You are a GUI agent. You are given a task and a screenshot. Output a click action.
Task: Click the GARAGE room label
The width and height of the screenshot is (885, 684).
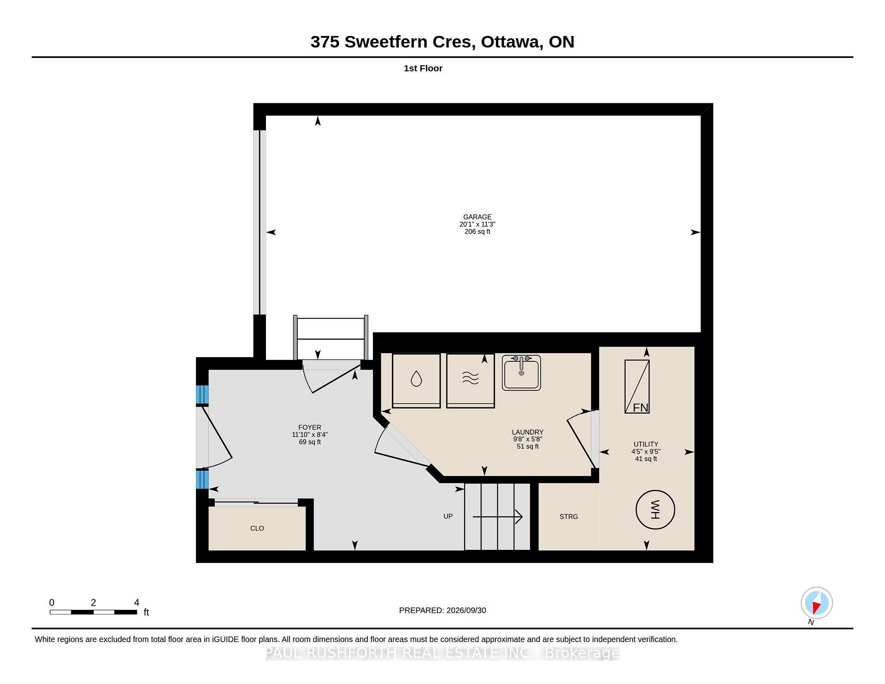[477, 217]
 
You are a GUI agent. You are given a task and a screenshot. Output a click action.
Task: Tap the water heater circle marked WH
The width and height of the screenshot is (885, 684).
[655, 510]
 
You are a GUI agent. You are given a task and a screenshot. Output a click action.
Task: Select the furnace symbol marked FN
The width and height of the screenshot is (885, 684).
[637, 386]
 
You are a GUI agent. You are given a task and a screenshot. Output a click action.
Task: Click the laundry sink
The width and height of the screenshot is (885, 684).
[521, 372]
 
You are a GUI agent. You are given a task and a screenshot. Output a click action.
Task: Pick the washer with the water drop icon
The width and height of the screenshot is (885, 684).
[416, 380]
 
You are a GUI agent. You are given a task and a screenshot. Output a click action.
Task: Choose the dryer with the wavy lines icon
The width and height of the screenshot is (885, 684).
[471, 380]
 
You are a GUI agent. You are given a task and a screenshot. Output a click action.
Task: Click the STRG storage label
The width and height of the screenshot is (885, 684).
[569, 517]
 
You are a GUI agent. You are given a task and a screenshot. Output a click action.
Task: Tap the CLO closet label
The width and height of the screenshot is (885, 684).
[257, 528]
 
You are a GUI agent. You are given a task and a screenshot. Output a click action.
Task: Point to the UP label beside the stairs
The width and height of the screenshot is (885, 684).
[448, 516]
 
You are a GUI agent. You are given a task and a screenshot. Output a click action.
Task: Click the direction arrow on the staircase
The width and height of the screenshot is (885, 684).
[497, 517]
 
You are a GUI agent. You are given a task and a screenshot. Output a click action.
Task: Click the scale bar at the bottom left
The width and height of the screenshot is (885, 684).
[94, 612]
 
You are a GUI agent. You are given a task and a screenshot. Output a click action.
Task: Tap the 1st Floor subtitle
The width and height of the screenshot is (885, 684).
[423, 68]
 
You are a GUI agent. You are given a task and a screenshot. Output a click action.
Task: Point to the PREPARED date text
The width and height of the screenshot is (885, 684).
[442, 610]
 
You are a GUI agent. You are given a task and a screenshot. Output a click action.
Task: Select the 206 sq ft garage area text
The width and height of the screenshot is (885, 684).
[478, 231]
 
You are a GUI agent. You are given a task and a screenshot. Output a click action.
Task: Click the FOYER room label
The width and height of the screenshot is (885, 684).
[310, 427]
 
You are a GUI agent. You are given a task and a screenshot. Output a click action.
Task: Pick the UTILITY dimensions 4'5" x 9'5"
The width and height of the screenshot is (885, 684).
[646, 452]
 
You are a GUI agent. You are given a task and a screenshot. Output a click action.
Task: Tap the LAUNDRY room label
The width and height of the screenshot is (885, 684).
[528, 432]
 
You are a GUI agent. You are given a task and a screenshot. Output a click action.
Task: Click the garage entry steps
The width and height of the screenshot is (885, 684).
[330, 339]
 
